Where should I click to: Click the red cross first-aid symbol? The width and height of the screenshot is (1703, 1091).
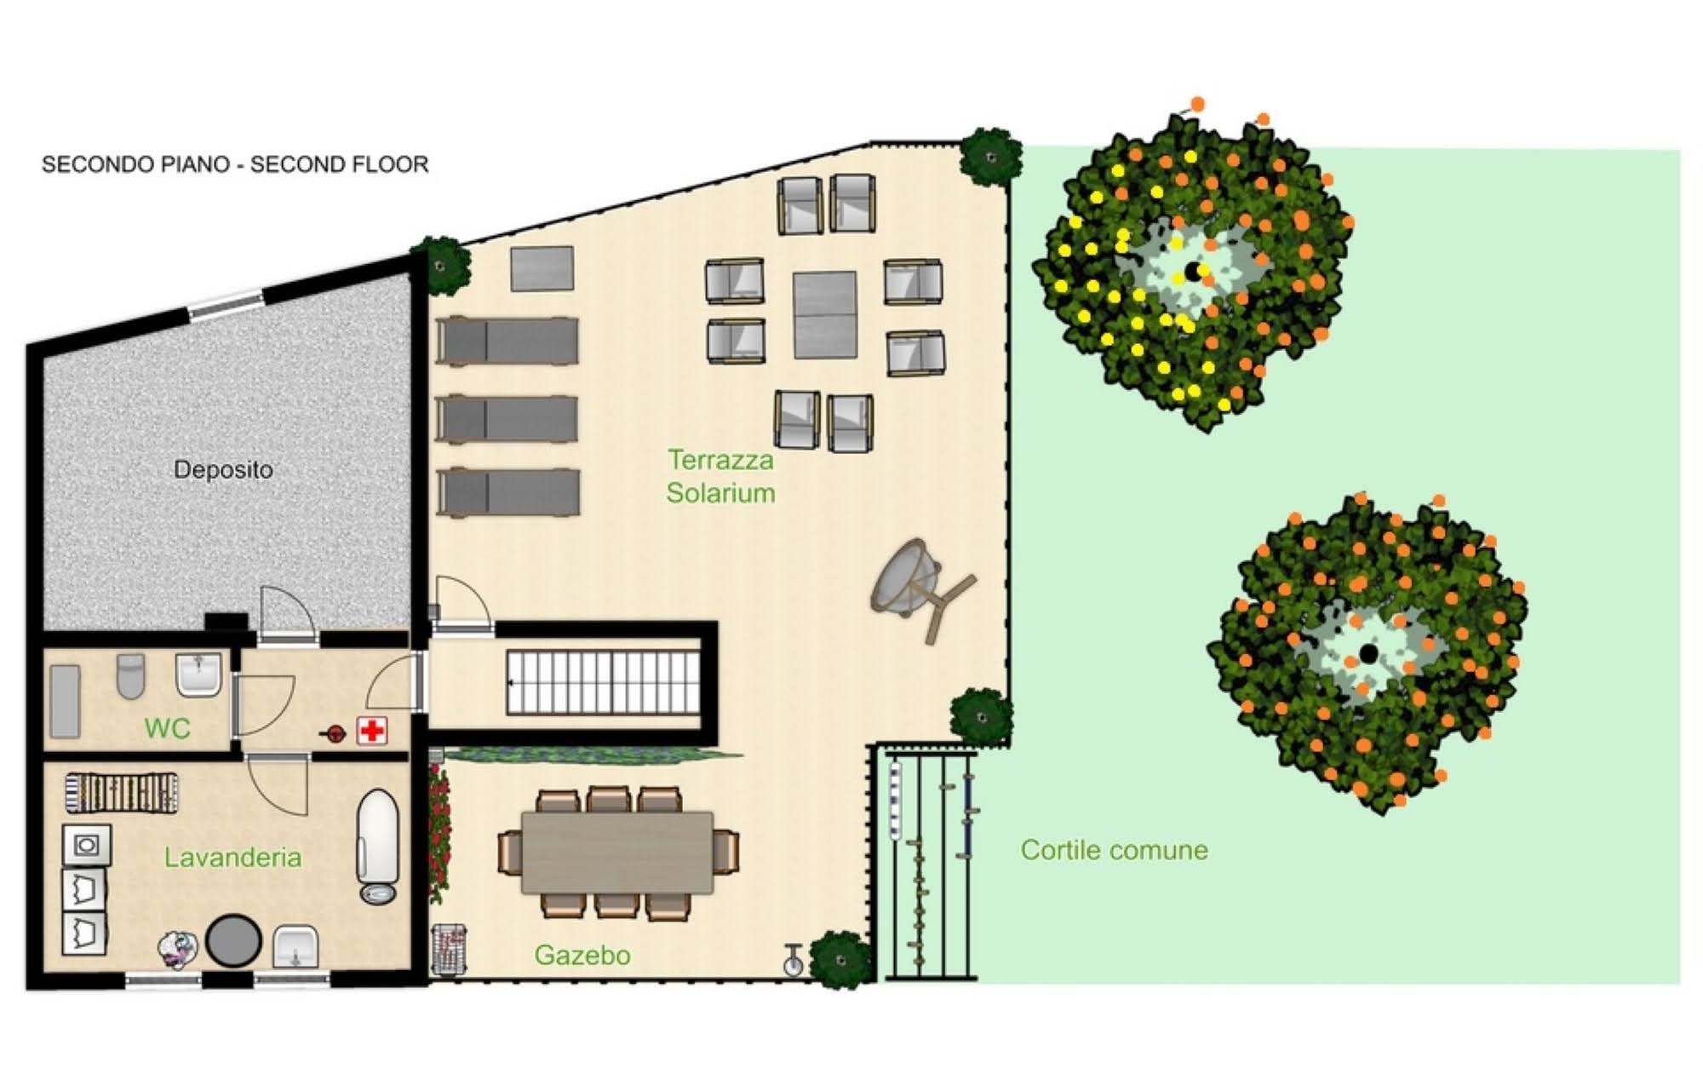[x=372, y=731]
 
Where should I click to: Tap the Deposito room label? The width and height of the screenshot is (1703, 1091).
[x=223, y=469]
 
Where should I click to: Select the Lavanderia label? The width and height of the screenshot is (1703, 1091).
[x=232, y=857]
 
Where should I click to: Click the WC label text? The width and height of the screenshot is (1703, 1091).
[x=167, y=728]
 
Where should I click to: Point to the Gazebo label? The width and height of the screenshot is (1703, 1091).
[x=582, y=956]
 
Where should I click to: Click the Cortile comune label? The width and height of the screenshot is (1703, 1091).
[x=1114, y=850]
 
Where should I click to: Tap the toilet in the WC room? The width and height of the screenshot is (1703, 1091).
[x=130, y=675]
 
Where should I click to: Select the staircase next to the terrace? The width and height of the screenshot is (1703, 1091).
[x=604, y=682]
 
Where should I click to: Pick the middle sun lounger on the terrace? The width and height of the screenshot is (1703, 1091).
[x=507, y=419]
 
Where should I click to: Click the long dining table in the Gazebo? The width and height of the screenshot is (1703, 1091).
[x=617, y=852]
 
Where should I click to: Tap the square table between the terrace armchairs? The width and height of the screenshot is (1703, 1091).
[x=824, y=315]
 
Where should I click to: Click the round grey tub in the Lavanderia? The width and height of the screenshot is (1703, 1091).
[x=233, y=940]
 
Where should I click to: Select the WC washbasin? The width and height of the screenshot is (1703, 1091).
[x=198, y=675]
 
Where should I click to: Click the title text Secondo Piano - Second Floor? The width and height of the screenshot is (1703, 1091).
[x=235, y=164]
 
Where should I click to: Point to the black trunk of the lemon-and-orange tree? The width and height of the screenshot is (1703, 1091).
[x=1193, y=272]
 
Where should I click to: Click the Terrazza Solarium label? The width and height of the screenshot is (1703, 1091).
[x=720, y=476]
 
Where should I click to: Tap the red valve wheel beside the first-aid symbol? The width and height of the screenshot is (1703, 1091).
[x=335, y=733]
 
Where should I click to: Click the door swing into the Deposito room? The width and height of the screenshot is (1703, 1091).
[x=287, y=612]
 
